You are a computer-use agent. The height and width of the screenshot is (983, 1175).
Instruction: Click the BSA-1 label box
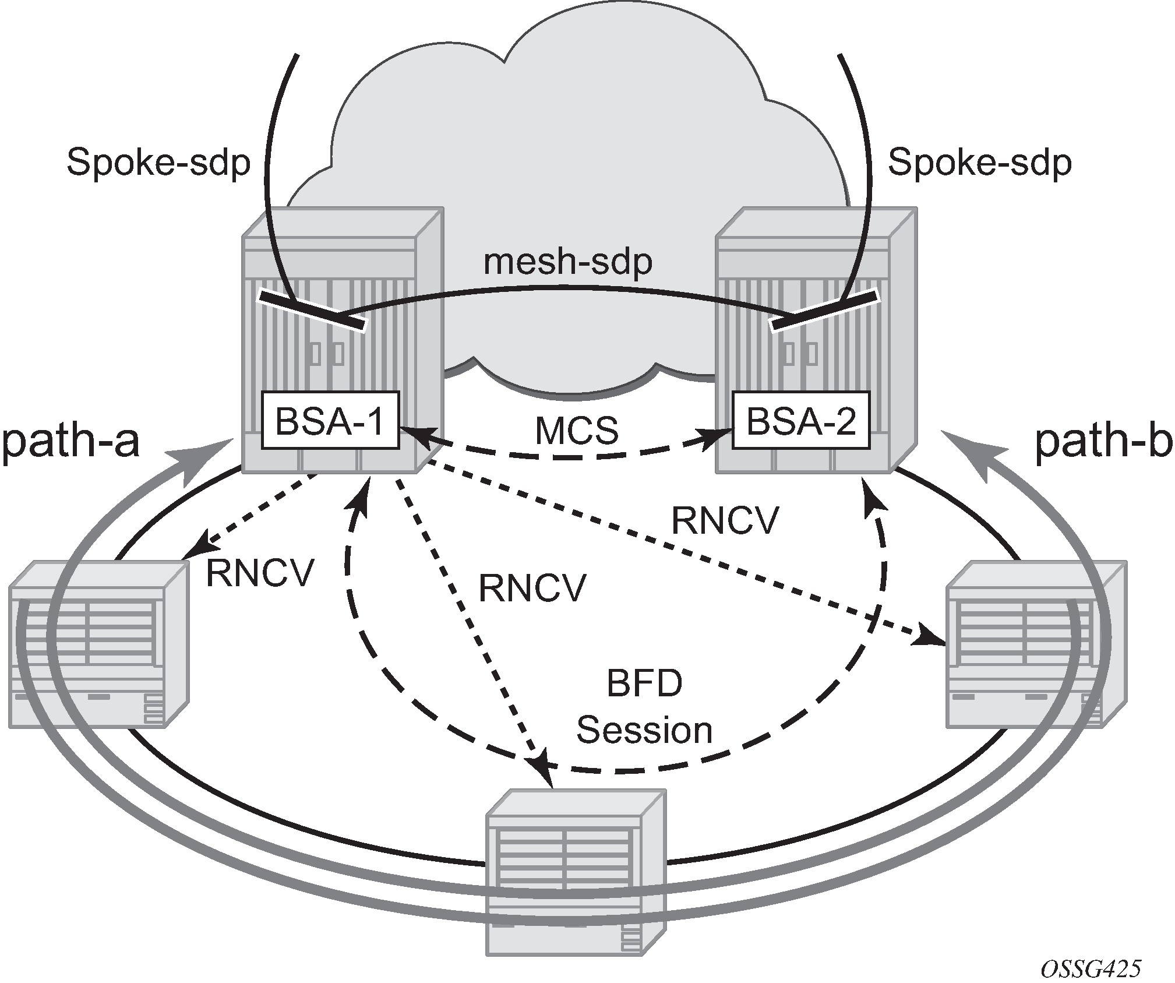330,420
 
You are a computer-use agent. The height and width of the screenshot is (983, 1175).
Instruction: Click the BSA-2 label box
800,420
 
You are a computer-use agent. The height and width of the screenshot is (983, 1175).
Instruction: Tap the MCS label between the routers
576,431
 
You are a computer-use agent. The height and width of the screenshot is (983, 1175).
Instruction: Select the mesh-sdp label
568,262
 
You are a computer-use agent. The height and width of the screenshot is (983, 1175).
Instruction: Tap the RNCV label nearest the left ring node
260,573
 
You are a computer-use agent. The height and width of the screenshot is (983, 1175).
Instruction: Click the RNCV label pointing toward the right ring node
725,520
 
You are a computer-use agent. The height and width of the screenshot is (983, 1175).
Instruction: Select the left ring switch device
99,644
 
